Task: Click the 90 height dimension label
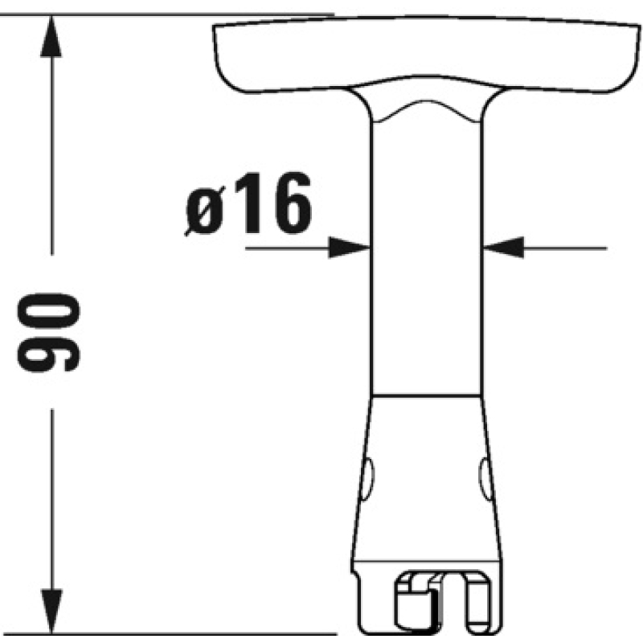tap(48, 333)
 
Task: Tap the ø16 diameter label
tap(248, 203)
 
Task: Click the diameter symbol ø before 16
tap(205, 211)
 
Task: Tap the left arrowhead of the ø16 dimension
tap(350, 248)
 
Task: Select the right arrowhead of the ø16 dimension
tap(504, 248)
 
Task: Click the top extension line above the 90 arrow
tap(167, 14)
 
